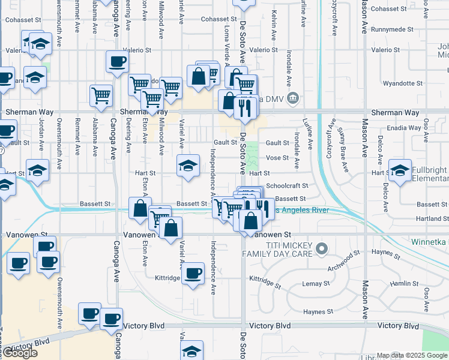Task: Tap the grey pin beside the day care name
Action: coord(322,247)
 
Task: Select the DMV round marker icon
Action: coord(292,97)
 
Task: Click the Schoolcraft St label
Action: coord(287,186)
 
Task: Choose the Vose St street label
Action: coord(277,158)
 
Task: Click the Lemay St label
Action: coord(316,283)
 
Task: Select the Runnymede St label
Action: coord(393,29)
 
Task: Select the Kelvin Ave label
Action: coord(273,21)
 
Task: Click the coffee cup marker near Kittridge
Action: coord(193,274)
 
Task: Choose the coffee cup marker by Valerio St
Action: coord(117,61)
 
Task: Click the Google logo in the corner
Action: coord(20,353)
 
